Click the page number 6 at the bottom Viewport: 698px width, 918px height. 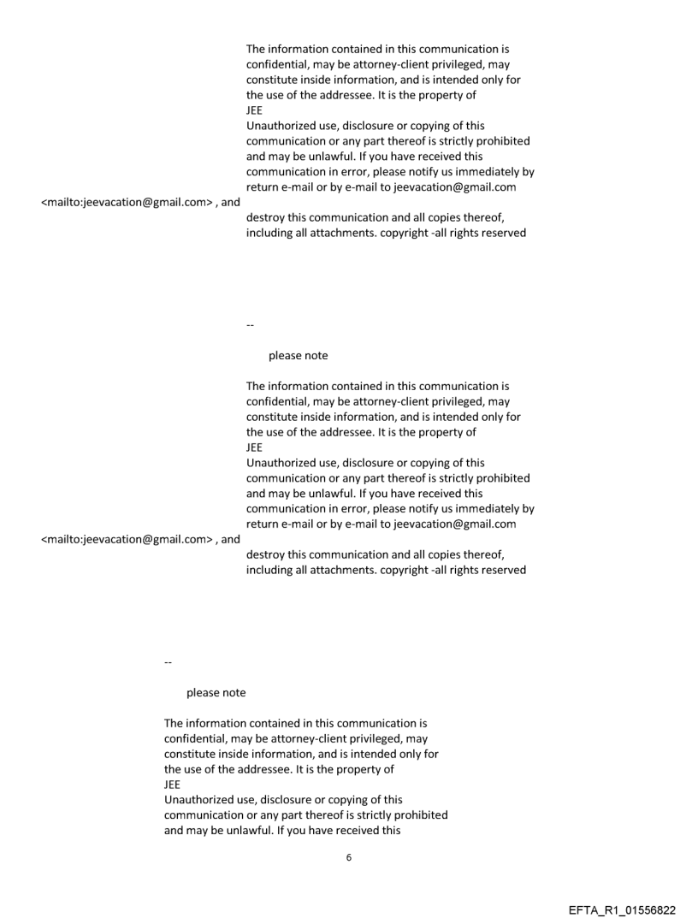[x=348, y=857]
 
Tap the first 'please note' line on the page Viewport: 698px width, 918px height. [x=298, y=355]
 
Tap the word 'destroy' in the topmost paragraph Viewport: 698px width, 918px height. [x=266, y=217]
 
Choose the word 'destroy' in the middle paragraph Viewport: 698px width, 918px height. [x=266, y=554]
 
